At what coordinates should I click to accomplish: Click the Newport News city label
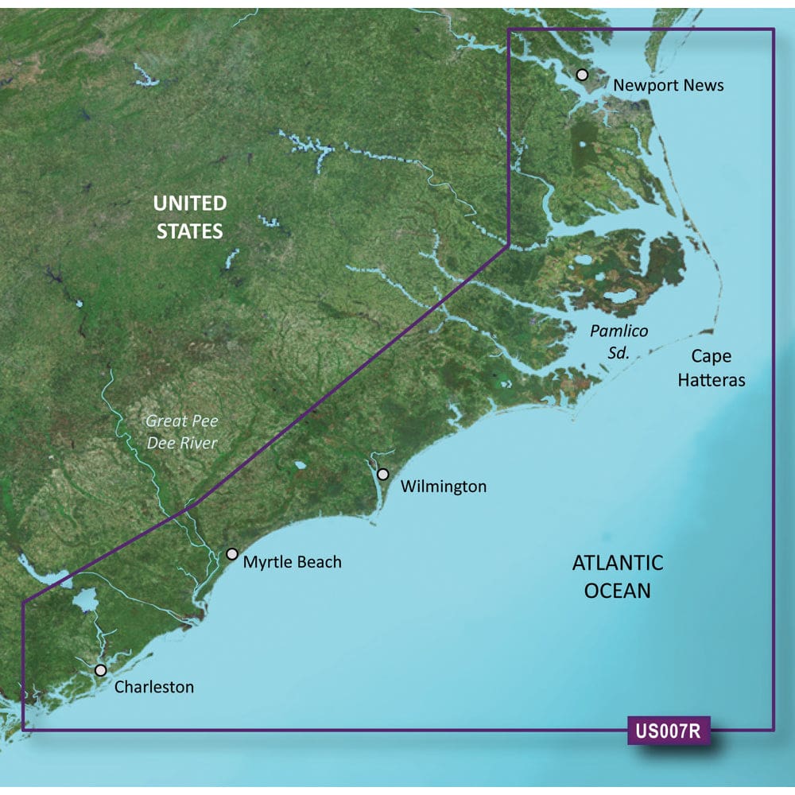click(669, 84)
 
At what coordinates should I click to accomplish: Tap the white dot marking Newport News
click(582, 75)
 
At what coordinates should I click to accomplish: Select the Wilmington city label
click(444, 486)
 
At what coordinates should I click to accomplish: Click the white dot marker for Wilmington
click(383, 475)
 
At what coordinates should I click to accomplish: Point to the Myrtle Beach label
click(293, 562)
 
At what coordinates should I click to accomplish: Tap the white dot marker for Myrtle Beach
click(232, 554)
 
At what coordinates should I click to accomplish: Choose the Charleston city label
click(154, 686)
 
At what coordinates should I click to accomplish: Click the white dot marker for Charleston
click(100, 670)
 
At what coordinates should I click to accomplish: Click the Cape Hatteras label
click(712, 368)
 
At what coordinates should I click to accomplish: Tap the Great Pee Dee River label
click(182, 432)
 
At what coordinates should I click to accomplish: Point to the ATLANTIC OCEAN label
click(618, 576)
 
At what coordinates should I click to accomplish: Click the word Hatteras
click(712, 380)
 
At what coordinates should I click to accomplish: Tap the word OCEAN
click(618, 591)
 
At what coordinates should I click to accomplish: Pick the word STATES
click(189, 231)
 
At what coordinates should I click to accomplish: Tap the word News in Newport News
click(706, 84)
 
